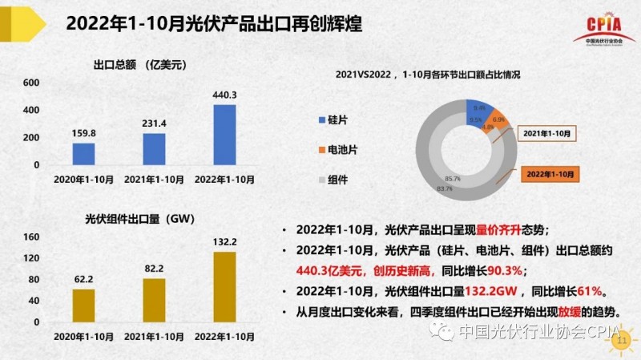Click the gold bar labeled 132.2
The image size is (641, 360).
pos(224,286)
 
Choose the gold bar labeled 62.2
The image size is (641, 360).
pos(83,305)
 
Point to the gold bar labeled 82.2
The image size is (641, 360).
pos(154,300)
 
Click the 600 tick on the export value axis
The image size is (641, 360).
pos(31,83)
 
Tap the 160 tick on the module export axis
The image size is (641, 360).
pos(31,237)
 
